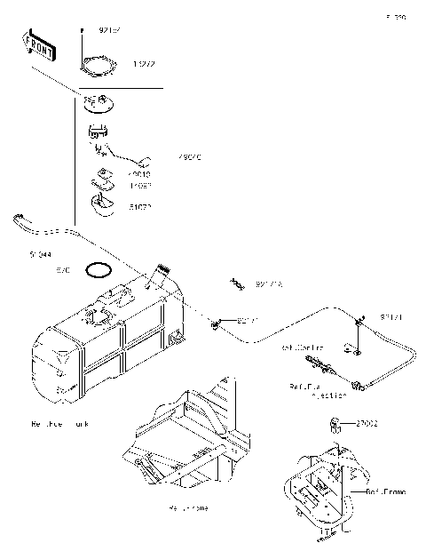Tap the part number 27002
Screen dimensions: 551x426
(368, 425)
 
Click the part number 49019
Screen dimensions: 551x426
(139, 175)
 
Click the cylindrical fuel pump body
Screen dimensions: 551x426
(98, 134)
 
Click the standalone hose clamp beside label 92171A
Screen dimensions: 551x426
(238, 283)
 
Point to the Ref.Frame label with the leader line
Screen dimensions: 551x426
(384, 491)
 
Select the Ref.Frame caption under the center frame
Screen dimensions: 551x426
(188, 508)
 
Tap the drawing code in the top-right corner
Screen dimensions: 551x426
(395, 17)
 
